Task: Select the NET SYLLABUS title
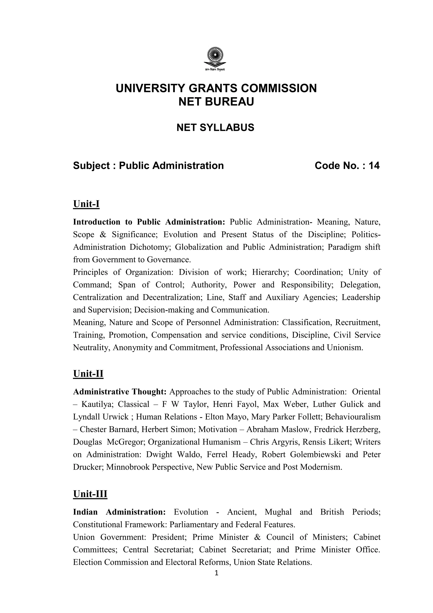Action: (x=215, y=128)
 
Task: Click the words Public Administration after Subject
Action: (x=171, y=166)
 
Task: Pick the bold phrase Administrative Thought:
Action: (x=120, y=392)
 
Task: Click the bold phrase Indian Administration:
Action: (x=119, y=512)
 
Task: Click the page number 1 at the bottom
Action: (x=216, y=573)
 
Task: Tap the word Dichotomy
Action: (x=150, y=247)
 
